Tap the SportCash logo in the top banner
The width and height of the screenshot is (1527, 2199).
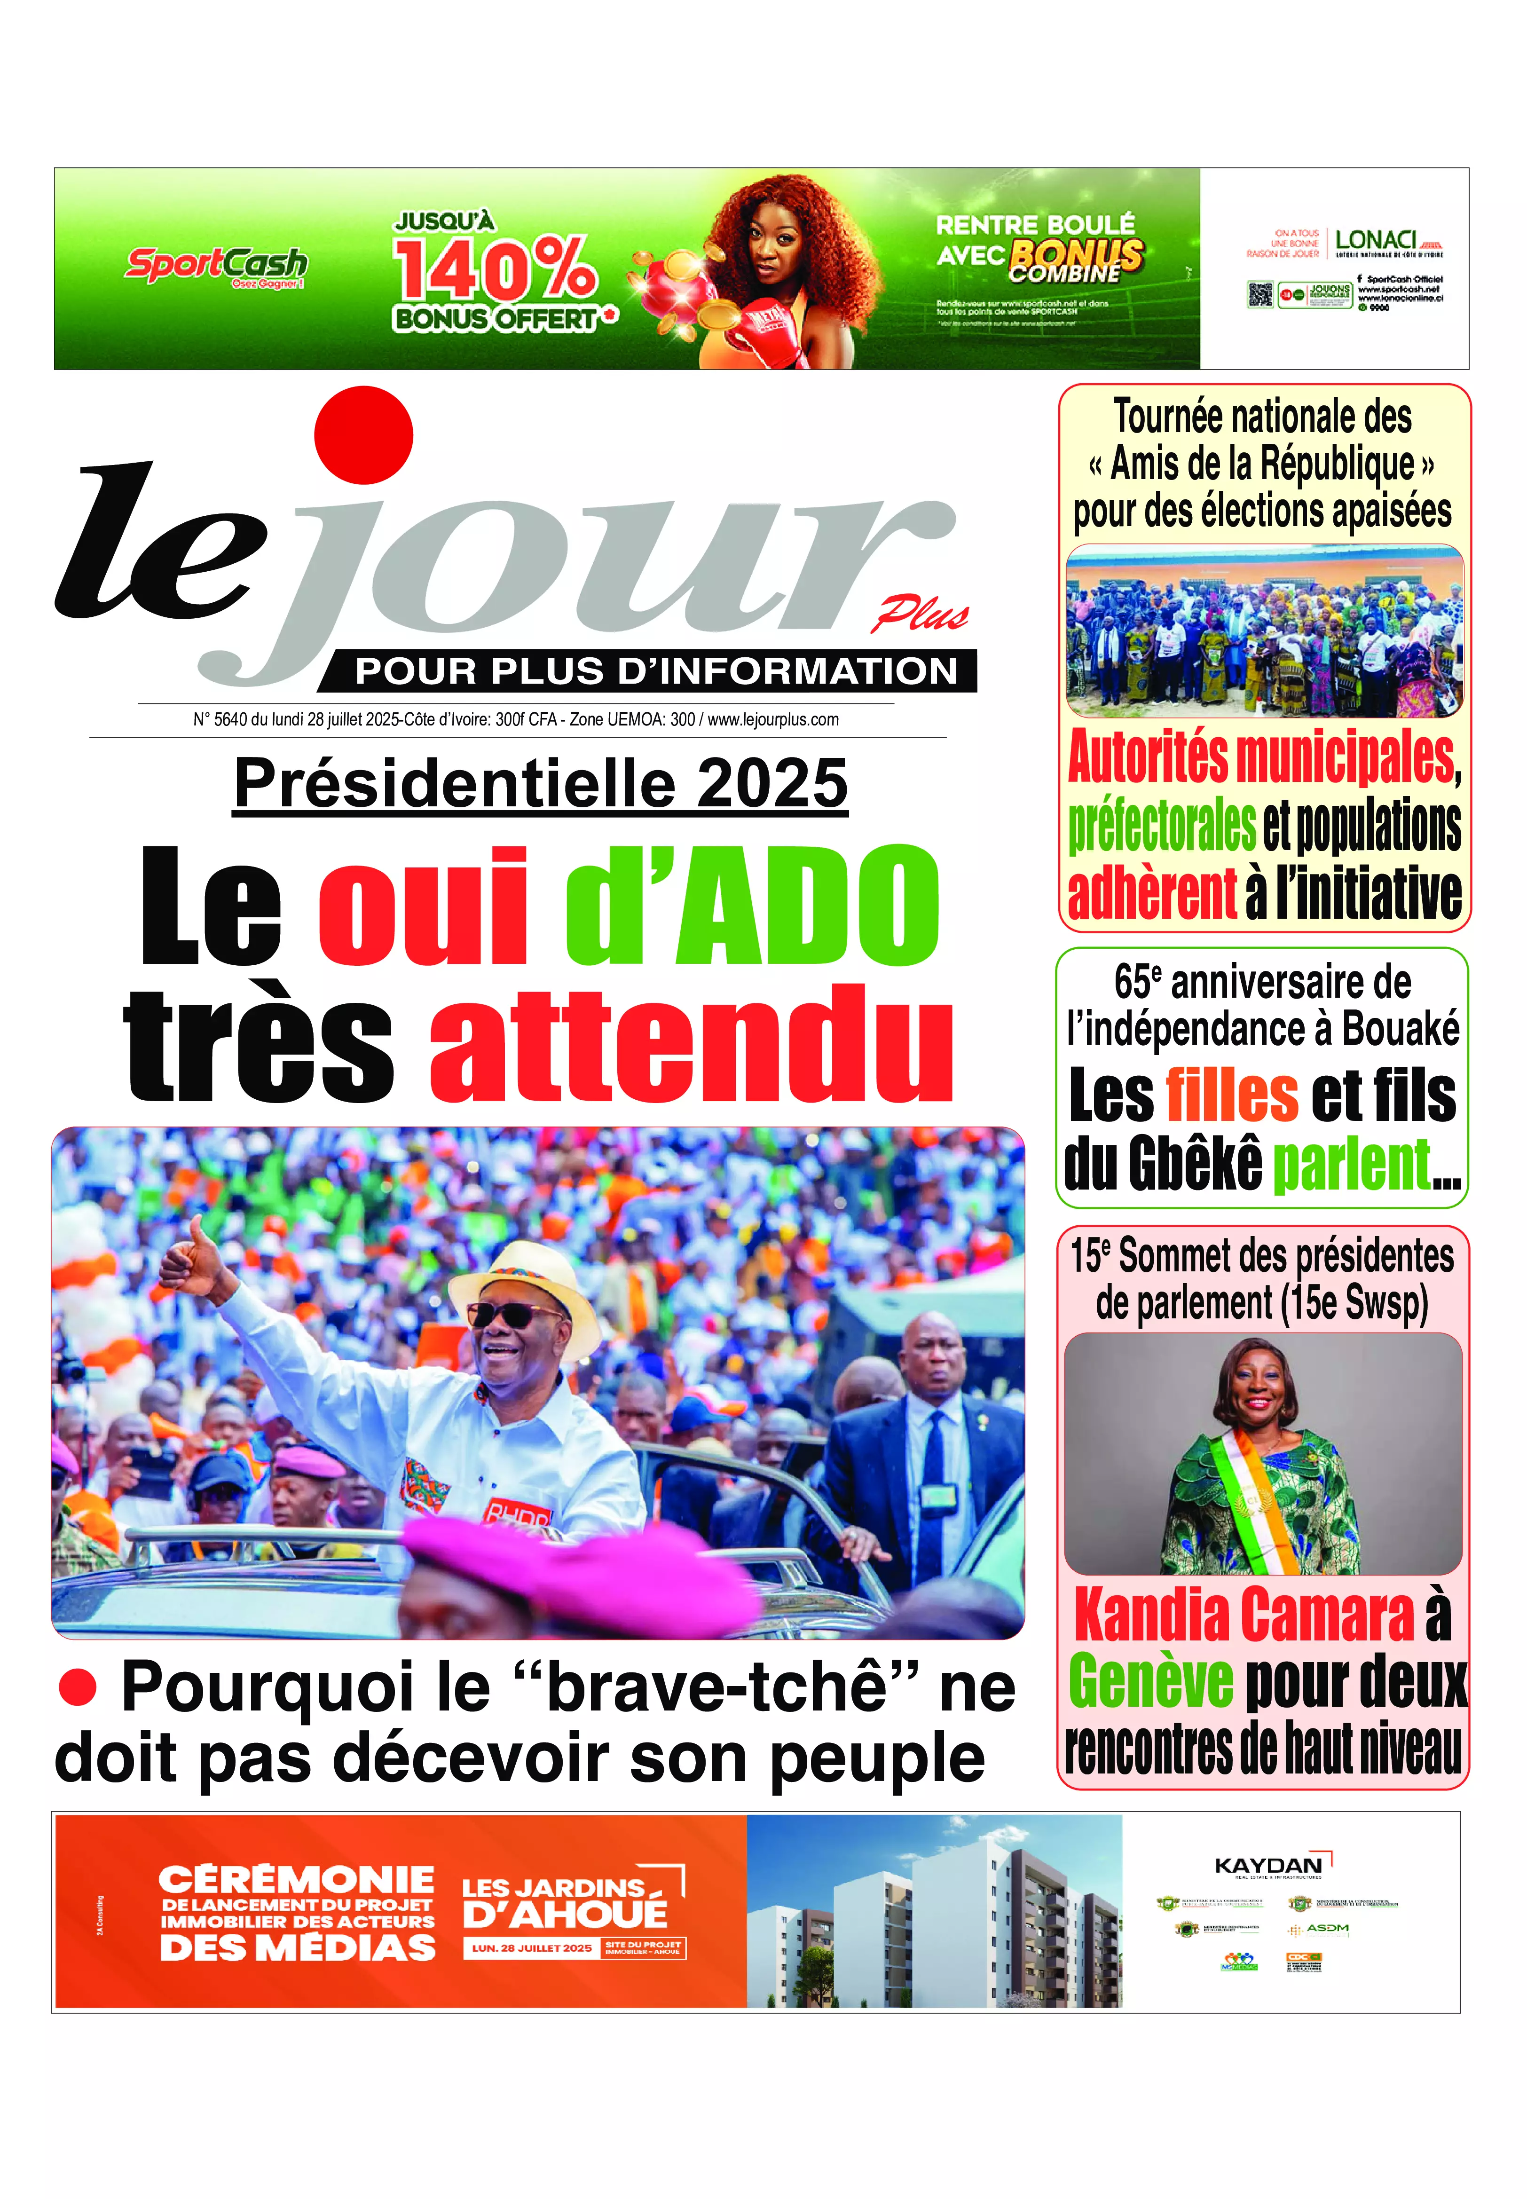[216, 265]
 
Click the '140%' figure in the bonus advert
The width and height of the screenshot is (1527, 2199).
[496, 269]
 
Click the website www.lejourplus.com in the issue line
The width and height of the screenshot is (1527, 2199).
[773, 720]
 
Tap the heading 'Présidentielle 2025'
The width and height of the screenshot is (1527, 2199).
[541, 784]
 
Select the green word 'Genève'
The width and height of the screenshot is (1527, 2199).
[1151, 1681]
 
